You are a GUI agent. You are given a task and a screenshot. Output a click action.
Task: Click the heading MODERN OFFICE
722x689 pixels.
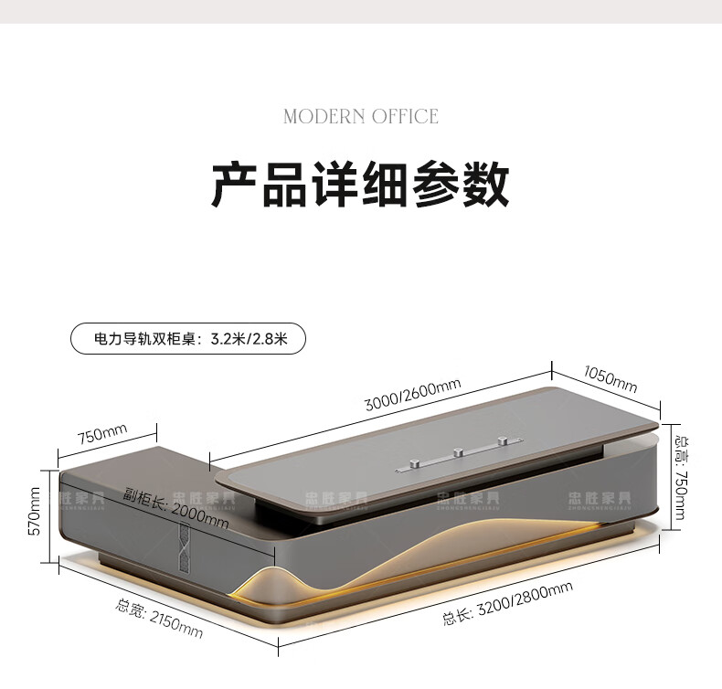(361, 116)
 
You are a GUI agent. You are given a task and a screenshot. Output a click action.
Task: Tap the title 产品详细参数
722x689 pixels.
(361, 185)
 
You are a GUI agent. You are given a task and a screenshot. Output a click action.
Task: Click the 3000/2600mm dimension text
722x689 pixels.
(412, 396)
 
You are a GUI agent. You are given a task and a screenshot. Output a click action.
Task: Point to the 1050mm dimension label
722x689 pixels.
(610, 377)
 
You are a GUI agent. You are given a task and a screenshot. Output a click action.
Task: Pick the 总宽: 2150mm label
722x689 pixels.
(160, 618)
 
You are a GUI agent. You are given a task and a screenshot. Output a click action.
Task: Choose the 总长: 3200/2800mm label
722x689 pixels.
(508, 604)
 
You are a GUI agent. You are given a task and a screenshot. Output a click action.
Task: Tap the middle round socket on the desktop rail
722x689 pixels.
(456, 451)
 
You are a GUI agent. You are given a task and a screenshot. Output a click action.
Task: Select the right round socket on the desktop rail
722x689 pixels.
(501, 441)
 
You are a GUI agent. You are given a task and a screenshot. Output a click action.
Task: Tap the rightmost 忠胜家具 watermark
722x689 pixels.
(600, 499)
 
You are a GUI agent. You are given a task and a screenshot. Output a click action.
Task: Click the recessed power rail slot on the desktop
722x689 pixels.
(457, 453)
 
